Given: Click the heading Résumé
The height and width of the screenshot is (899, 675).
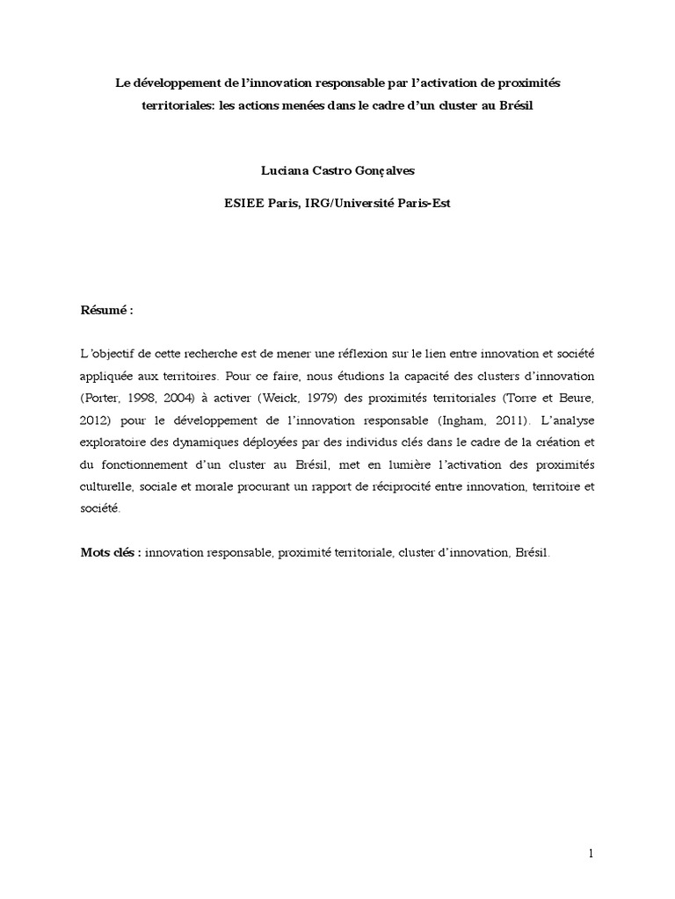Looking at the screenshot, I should (x=103, y=311).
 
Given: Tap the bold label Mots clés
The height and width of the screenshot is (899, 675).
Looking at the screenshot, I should (x=110, y=552).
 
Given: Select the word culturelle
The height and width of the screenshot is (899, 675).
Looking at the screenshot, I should (x=105, y=487).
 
